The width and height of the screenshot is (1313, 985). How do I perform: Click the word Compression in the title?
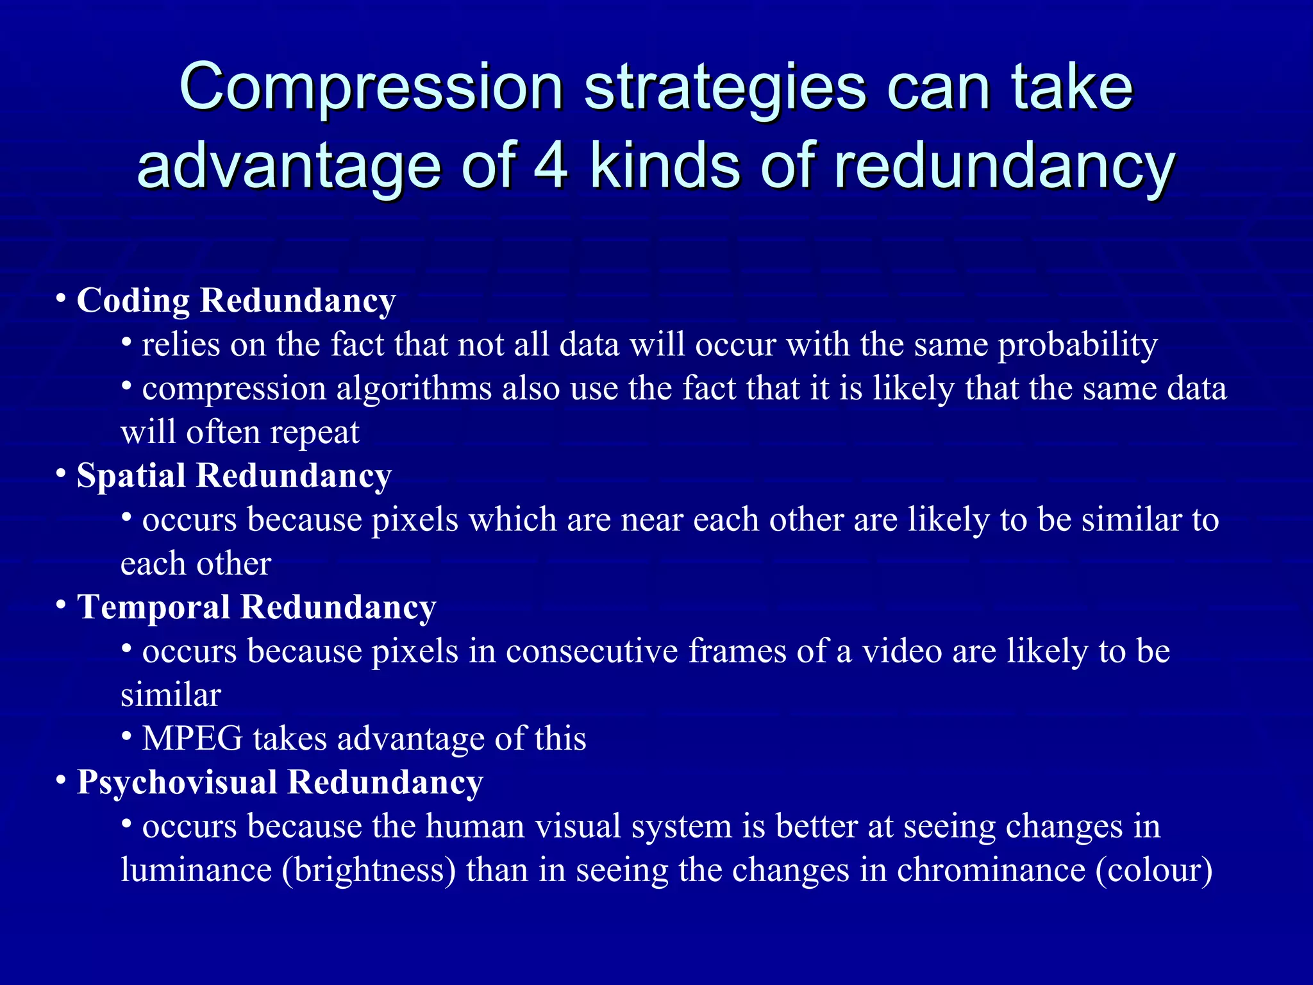point(371,88)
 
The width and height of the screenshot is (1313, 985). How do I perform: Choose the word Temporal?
point(153,607)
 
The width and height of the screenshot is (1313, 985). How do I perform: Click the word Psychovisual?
point(176,782)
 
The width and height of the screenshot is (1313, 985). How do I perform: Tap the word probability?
point(1078,345)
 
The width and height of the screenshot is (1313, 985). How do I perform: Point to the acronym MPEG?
point(192,738)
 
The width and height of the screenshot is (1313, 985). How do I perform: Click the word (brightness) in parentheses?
point(369,870)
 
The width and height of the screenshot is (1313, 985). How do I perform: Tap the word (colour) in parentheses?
point(1154,870)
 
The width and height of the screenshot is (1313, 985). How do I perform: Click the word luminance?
point(196,870)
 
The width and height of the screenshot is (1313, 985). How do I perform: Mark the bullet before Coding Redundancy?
point(62,299)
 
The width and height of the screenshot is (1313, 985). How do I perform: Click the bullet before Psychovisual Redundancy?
point(62,780)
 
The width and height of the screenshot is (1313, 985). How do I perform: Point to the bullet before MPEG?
point(127,737)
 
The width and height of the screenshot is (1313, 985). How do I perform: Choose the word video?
point(901,651)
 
